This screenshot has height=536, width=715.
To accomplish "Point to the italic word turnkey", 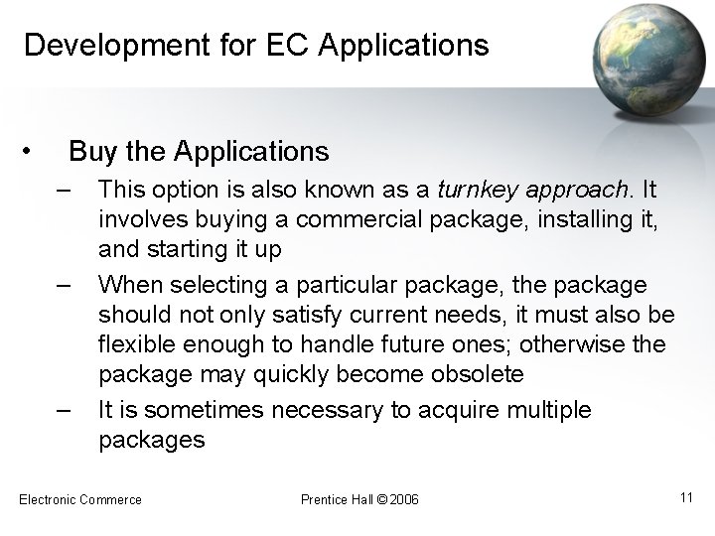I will (471, 190).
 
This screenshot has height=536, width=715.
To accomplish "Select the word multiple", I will (544, 409).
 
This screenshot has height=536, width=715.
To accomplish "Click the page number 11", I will (685, 496).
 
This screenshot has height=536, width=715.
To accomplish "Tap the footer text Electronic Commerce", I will (80, 498).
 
